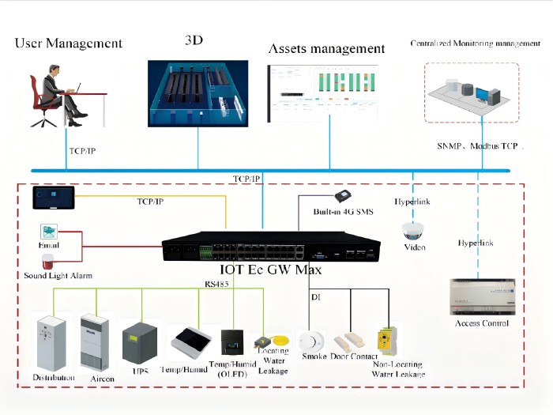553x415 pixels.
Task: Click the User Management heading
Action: pyautogui.click(x=69, y=43)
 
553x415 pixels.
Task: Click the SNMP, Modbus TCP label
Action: pyautogui.click(x=477, y=147)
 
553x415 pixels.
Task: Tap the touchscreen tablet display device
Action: pyautogui.click(x=54, y=198)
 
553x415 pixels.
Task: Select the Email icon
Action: pyautogui.click(x=50, y=232)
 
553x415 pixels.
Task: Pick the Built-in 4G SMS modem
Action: pyautogui.click(x=343, y=197)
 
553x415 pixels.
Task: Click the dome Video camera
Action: pyautogui.click(x=414, y=231)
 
